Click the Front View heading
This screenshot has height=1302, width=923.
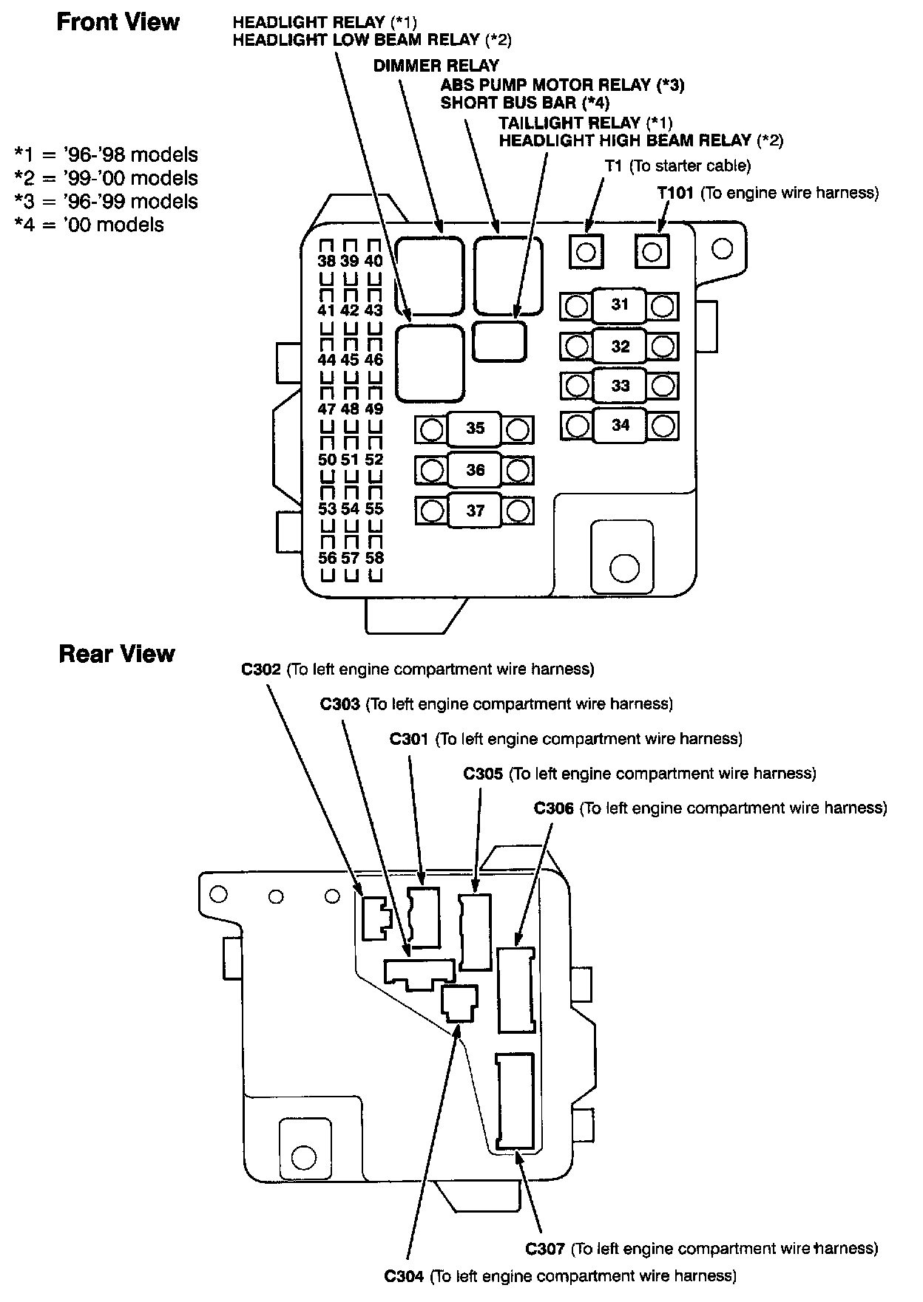(x=118, y=22)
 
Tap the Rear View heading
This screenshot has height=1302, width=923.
(x=116, y=654)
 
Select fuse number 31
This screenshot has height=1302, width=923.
(x=620, y=304)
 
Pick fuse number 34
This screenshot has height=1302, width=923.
(x=621, y=425)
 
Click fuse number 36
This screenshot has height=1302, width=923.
(x=475, y=470)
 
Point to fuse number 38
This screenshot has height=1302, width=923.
(x=326, y=261)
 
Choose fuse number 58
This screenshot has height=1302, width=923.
(x=374, y=558)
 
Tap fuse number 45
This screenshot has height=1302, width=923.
(x=350, y=360)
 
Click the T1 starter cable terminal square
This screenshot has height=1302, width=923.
(x=586, y=252)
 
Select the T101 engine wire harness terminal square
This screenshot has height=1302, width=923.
(x=652, y=252)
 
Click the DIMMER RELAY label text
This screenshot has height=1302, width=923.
(x=436, y=66)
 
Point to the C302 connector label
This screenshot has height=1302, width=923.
(x=261, y=669)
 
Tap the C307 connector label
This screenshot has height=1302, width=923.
(x=545, y=1248)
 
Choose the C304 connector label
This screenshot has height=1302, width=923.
(x=403, y=1275)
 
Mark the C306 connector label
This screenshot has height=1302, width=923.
(x=554, y=808)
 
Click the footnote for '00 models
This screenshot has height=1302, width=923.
(x=89, y=225)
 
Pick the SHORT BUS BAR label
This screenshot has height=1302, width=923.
(x=524, y=103)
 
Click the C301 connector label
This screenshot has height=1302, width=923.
(x=409, y=739)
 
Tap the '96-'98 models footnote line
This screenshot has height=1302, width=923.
(x=106, y=155)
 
